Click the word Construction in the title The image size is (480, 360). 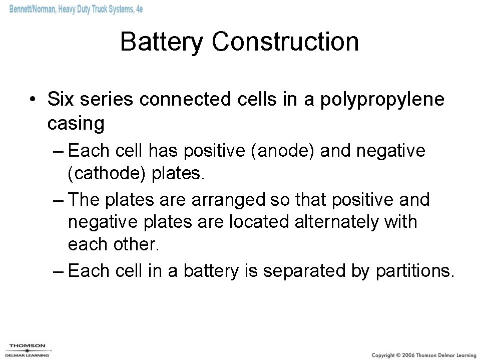pyautogui.click(x=285, y=42)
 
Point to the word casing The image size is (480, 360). pyautogui.click(x=76, y=124)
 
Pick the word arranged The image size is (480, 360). pyautogui.click(x=227, y=199)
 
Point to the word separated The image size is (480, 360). pyautogui.click(x=303, y=271)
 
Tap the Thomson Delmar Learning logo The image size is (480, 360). pyautogui.click(x=28, y=350)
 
